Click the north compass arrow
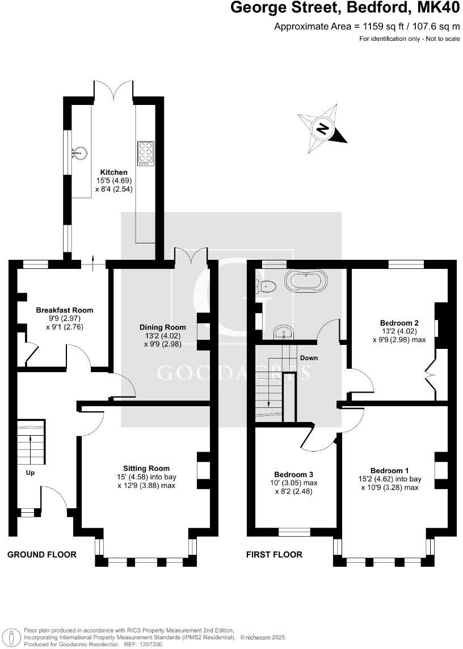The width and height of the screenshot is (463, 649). (322, 128)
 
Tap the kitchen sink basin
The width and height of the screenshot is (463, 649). (79, 152)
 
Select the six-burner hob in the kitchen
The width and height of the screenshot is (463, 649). (145, 153)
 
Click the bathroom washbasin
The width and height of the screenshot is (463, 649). (282, 332)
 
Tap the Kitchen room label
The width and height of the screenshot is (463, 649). (114, 172)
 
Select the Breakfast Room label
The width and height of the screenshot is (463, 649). (65, 310)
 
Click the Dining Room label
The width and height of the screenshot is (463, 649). (163, 327)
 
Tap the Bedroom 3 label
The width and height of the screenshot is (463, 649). (294, 474)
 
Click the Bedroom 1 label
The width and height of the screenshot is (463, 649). (390, 470)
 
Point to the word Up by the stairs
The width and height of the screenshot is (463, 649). (31, 472)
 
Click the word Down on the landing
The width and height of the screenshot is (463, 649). (309, 358)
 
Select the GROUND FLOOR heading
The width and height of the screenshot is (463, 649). (41, 554)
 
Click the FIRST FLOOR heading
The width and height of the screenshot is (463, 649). (274, 554)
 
